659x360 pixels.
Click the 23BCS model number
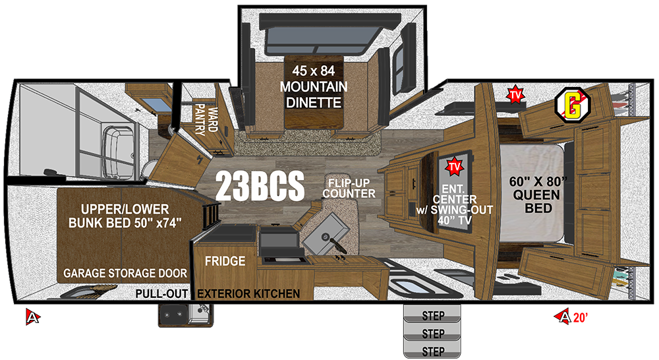point(260,187)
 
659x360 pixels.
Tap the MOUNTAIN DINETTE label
point(314,94)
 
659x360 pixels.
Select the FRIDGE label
point(225,261)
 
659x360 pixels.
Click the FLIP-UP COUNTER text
point(349,189)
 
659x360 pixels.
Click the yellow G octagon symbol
point(573,105)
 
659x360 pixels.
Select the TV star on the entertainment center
point(454,167)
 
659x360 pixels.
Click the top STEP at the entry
point(432,315)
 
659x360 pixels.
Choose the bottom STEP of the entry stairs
point(432,350)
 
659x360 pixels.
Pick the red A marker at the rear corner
point(32,316)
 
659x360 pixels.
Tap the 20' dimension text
point(580,318)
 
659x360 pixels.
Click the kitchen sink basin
point(326,233)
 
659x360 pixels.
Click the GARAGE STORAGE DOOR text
point(125,274)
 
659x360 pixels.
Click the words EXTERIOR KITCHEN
point(248,293)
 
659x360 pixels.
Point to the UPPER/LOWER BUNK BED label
point(125,216)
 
